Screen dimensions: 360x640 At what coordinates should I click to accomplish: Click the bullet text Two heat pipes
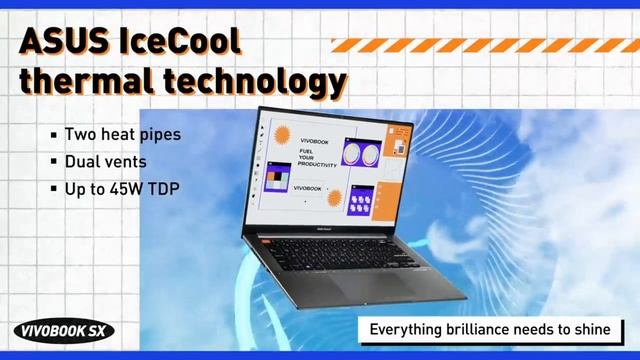(122, 134)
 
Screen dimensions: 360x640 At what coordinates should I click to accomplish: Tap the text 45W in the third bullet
(136, 186)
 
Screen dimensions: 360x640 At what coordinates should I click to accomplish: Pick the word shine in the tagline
(595, 329)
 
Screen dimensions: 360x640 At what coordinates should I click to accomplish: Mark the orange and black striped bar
(485, 44)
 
